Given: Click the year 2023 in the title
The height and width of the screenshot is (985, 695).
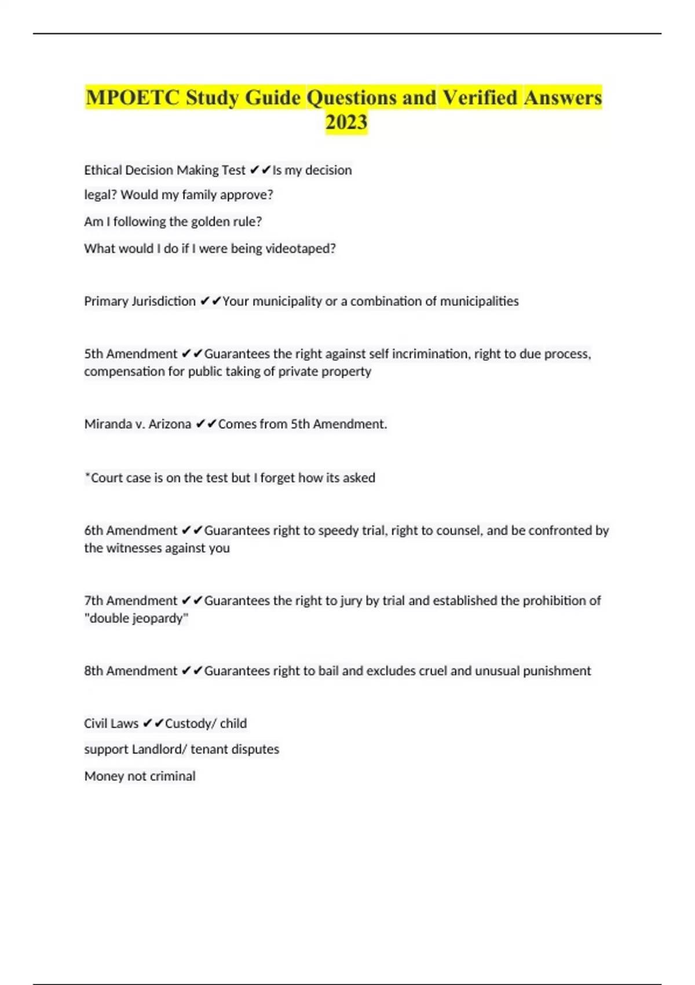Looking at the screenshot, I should pos(346,122).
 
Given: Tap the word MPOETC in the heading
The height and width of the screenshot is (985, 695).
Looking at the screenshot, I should pos(133,97).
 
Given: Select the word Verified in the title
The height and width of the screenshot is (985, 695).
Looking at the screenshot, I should pos(480,97).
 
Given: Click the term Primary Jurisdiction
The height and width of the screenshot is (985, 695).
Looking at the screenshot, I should pos(140,301).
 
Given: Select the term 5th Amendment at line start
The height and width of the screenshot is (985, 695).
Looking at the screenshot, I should pos(130,354).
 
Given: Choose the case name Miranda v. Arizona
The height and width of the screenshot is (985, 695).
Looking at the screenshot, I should pos(137,424).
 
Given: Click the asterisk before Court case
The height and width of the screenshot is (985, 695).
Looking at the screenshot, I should pos(87,476).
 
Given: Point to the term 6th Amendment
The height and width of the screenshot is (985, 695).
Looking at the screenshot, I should pos(130,531).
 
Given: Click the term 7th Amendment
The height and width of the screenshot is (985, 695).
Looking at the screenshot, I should pos(130,601).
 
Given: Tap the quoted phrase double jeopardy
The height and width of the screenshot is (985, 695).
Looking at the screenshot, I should pos(136,618).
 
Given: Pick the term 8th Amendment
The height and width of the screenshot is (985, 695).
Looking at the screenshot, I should pos(130,671).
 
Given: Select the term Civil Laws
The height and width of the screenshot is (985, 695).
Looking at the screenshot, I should pos(111,724).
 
